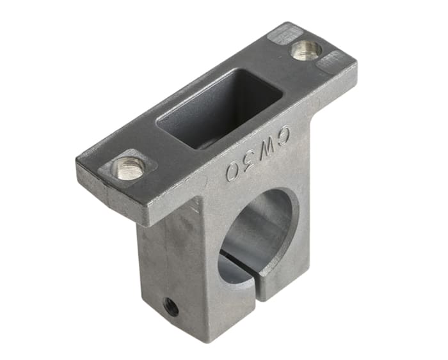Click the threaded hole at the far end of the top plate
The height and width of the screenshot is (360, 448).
307,49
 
